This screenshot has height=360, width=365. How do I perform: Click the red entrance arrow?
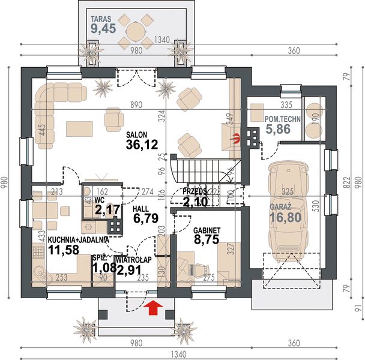(154, 308)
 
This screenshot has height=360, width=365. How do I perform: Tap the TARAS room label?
(101, 17)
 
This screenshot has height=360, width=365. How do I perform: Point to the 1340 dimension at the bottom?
(183, 353)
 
